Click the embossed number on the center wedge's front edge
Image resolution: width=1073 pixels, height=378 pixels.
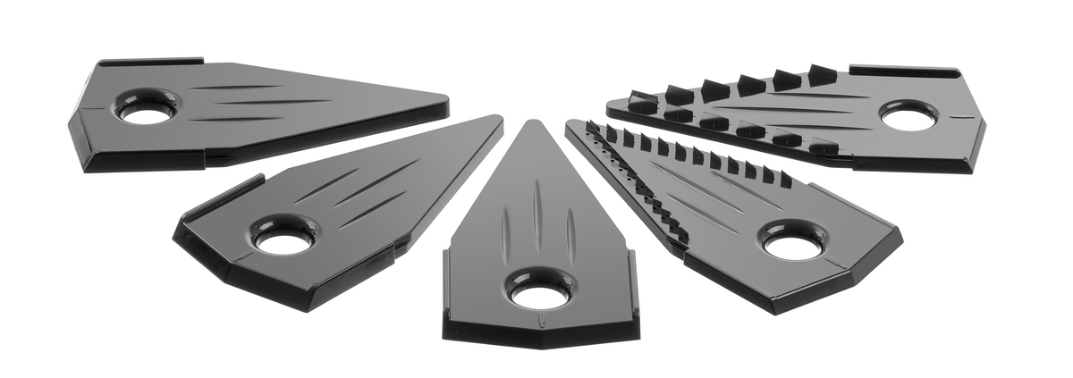coord(464,327)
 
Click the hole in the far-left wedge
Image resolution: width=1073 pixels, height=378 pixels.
coord(147,113)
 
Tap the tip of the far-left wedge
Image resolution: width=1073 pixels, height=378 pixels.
coord(444,100)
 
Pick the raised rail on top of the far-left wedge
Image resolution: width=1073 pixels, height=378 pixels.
coord(152,62)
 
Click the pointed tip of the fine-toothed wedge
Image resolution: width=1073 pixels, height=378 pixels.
coord(572,125)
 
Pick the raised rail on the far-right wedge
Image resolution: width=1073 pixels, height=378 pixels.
coord(903,70)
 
